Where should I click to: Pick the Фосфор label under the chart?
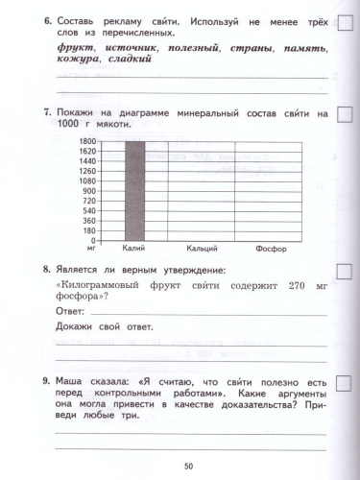(x=272, y=248)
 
